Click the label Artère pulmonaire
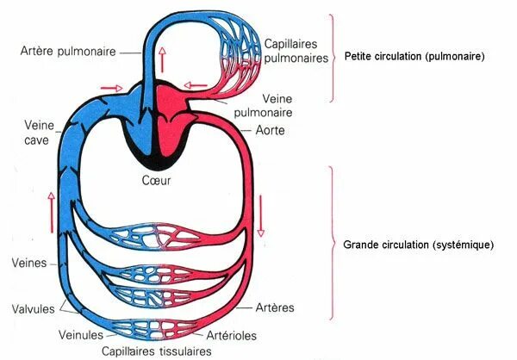(69, 52)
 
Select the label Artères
(275, 308)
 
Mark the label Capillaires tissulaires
(155, 351)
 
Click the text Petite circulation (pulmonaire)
(414, 57)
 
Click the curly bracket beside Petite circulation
(332, 56)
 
